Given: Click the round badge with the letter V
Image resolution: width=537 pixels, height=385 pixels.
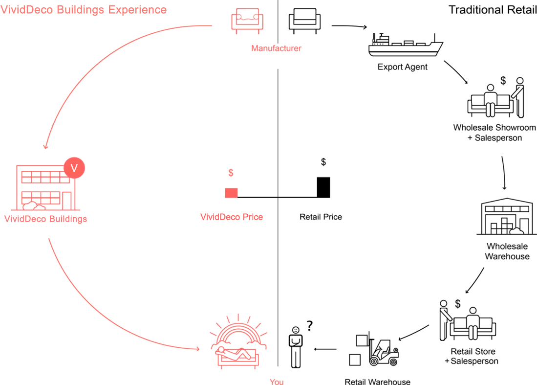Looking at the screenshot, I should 74,168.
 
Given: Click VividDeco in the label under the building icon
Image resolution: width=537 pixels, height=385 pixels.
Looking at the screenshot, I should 24,219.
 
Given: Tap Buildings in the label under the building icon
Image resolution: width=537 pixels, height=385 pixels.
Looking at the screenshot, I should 66,219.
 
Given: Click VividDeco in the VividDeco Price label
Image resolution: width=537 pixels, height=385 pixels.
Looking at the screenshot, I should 219,217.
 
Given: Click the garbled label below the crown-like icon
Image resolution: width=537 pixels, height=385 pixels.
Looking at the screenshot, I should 277,46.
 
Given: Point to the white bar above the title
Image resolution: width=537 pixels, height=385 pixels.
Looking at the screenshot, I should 83,2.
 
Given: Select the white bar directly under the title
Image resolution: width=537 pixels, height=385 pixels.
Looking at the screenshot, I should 83,16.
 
